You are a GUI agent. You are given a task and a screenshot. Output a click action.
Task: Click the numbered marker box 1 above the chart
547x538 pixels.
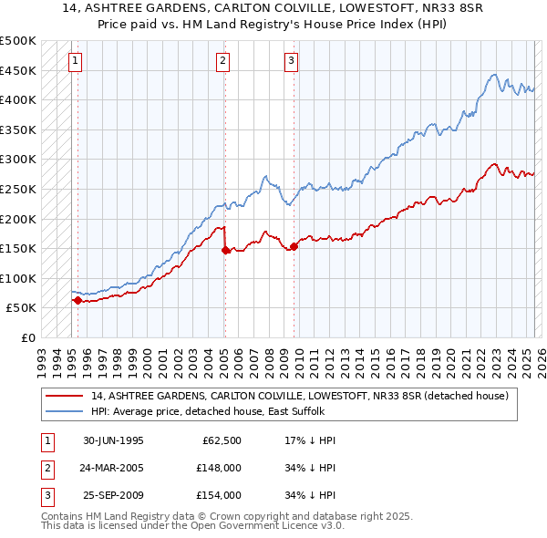click(x=74, y=61)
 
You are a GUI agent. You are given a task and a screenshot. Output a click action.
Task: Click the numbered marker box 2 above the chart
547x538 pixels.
click(x=222, y=61)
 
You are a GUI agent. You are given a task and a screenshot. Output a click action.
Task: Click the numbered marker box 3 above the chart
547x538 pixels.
click(x=291, y=61)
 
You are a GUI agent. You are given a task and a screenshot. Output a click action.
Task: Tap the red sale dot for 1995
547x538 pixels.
click(x=77, y=300)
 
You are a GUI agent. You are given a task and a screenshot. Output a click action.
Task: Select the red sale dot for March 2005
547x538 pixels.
click(x=225, y=249)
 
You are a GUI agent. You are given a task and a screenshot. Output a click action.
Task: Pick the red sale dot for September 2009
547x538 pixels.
click(x=294, y=245)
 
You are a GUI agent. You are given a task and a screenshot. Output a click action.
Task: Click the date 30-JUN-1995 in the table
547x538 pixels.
click(x=113, y=440)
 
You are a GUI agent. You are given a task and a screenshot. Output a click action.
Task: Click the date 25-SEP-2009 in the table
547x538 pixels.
click(x=113, y=495)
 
